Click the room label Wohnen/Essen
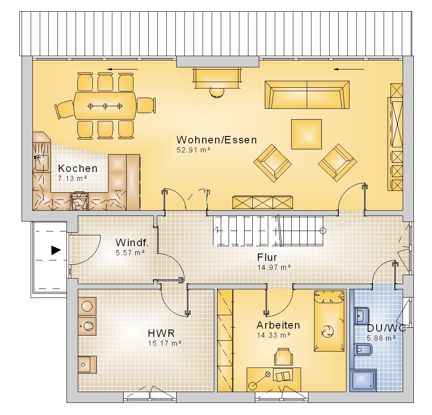pos(216,140)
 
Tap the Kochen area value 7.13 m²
pos(73,178)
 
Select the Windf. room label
pos(132,243)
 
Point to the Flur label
pos(267,257)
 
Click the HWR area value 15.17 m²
pos(165,343)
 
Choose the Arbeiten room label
pos(278,325)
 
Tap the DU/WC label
pos(386,328)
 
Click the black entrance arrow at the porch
pos(56,250)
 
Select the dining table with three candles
pos(105,106)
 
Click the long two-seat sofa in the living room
pos(307,95)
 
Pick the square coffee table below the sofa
pos(306,134)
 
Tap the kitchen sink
pos(41,163)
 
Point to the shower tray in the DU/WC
pos(363,381)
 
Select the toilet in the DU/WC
pos(363,350)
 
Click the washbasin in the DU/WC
pos(362,316)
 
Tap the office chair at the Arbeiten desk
pos(283,357)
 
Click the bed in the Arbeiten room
pos(329,321)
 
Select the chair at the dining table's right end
pos(146,105)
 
